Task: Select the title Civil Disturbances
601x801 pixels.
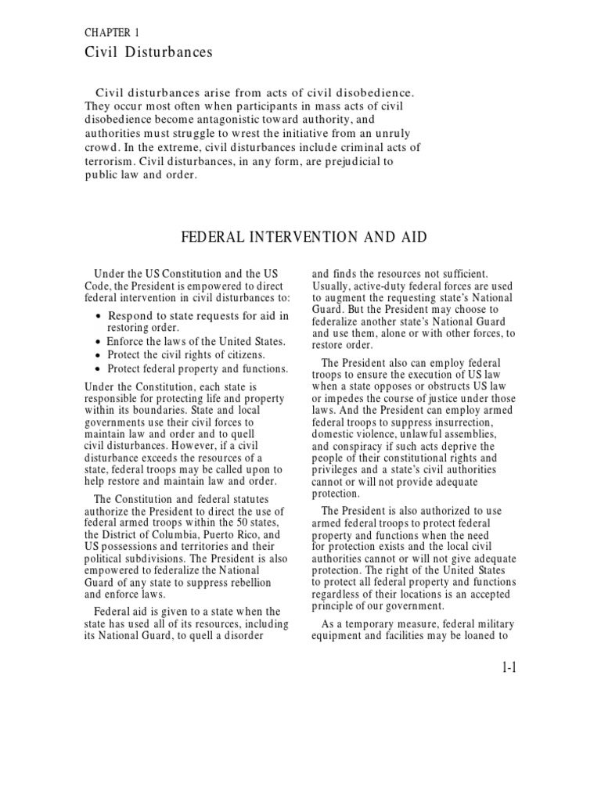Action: click(148, 53)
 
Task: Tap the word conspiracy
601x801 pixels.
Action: click(365, 447)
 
